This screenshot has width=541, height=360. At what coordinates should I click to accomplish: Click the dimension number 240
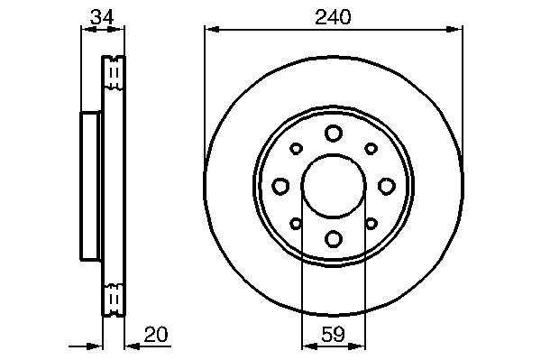[x=333, y=17]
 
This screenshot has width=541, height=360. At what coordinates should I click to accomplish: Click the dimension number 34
[x=102, y=17]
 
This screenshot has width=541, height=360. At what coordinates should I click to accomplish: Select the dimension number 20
[x=156, y=334]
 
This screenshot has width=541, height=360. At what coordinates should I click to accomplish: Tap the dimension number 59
[x=333, y=334]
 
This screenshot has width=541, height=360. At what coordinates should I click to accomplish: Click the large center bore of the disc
[x=334, y=186]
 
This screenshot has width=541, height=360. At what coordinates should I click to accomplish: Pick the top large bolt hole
[x=334, y=133]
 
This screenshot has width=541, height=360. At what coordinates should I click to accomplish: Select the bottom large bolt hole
[x=334, y=238]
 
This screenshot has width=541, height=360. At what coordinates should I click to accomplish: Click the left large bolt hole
[x=280, y=186]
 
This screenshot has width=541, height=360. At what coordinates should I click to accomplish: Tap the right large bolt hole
[x=387, y=186]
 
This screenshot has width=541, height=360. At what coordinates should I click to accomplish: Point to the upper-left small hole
[x=296, y=148]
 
